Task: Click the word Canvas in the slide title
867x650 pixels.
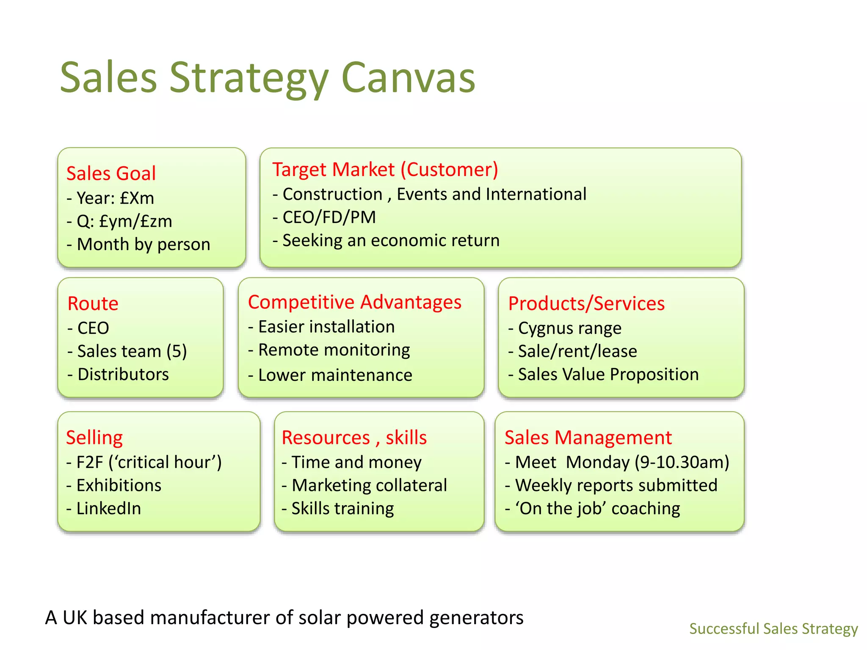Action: (x=408, y=78)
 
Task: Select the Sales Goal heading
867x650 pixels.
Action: (x=111, y=174)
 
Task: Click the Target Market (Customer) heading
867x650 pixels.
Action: (x=385, y=170)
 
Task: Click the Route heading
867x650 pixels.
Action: (x=93, y=303)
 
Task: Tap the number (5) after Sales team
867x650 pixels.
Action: (x=177, y=351)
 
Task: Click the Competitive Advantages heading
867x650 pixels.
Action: (x=354, y=302)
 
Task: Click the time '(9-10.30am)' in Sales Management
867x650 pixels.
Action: (x=682, y=463)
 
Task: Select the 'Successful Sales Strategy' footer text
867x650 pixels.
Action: (x=773, y=629)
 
